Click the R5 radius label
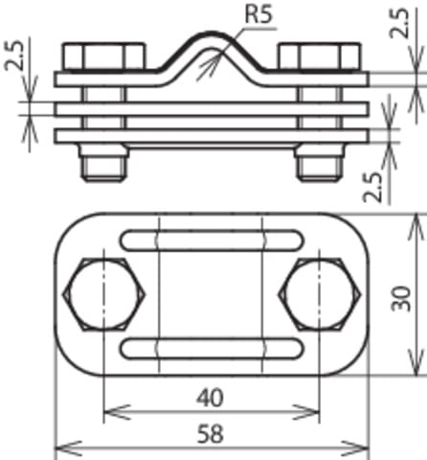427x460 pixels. point(258,14)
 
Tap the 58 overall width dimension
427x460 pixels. point(210,433)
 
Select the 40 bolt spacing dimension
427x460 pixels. point(210,398)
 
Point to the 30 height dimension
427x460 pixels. point(401,298)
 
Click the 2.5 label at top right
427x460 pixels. point(399,23)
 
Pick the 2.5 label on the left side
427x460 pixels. point(14,55)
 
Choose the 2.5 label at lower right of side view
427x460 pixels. point(372,187)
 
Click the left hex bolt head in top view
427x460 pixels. point(104,294)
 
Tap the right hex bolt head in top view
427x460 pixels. point(320,294)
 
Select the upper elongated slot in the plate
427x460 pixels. point(212,240)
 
